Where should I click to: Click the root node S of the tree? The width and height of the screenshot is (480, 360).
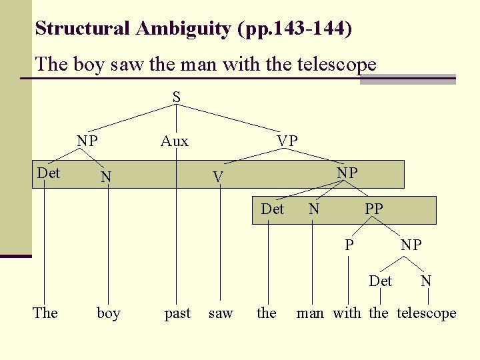[x=176, y=97]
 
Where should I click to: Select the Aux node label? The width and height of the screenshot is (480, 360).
[x=175, y=141]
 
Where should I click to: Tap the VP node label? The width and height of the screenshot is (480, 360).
[x=287, y=141]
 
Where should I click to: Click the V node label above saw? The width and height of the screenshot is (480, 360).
[x=217, y=177]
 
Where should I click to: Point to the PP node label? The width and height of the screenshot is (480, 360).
[x=373, y=209]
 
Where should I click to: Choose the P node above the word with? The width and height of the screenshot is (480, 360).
[x=349, y=245]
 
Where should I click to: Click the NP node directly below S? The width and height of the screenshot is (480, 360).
[x=87, y=141]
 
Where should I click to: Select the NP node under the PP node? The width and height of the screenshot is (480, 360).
[x=411, y=245]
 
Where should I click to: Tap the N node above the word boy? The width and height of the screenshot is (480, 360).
[x=105, y=177]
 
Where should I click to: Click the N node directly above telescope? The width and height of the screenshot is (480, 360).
[x=426, y=281]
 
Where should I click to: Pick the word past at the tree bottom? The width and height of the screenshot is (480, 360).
[x=177, y=313]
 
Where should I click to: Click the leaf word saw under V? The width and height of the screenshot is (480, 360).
[x=221, y=313]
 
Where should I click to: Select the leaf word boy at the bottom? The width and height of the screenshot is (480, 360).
[x=109, y=313]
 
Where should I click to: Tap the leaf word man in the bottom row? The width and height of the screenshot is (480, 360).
[x=310, y=313]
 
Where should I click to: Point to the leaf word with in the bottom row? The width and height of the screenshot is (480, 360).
[x=347, y=313]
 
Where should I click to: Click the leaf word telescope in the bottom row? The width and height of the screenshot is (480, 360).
[x=427, y=313]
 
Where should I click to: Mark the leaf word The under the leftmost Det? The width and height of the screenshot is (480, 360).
[x=45, y=313]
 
